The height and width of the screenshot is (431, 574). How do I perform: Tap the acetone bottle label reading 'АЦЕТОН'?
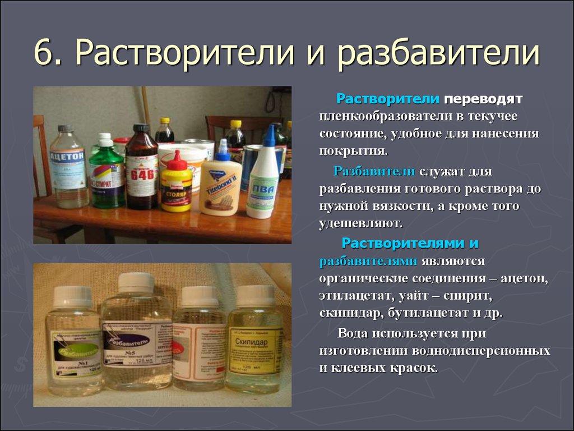67,154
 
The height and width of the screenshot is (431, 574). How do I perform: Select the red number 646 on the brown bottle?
141,173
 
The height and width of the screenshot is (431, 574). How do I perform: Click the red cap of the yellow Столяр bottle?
177,161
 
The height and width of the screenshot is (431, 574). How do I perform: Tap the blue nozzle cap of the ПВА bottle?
270,136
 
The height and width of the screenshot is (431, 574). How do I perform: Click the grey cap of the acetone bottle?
66,129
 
